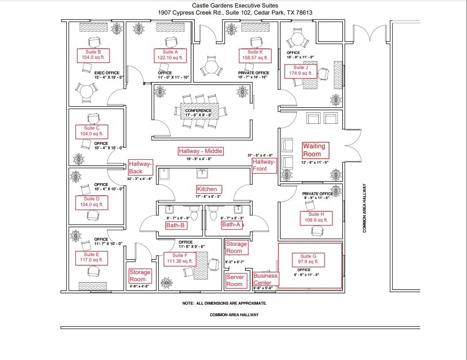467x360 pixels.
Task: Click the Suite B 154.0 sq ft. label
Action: tap(93, 55)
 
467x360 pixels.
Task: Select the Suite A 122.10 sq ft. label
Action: tap(169, 55)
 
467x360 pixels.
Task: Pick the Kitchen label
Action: tap(207, 189)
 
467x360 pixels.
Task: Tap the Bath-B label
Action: tap(170, 225)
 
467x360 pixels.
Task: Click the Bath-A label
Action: tap(231, 225)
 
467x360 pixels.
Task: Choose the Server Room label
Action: tap(235, 281)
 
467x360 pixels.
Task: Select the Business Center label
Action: tap(265, 279)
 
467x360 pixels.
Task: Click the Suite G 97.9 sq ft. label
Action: tap(308, 259)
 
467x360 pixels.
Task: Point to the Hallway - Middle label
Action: tap(200, 151)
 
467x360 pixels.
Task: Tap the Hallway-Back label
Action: tap(140, 167)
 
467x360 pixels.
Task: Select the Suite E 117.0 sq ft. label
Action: tap(91, 257)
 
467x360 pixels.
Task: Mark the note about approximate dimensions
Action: tap(224, 303)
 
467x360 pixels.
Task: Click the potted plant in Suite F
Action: tap(167, 282)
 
